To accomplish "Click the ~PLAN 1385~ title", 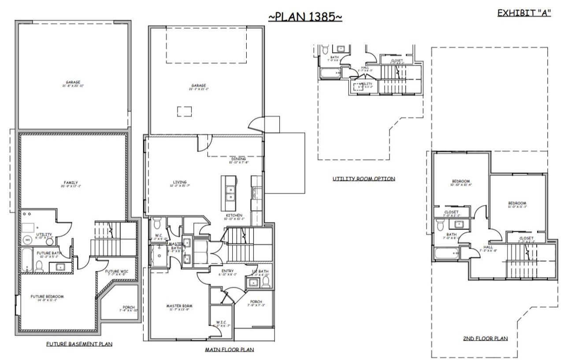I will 305,17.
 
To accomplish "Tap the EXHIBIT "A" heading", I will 524,13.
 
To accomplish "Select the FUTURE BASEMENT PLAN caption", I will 79,343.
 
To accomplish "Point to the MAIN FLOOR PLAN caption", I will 229,349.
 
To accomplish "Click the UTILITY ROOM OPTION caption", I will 364,179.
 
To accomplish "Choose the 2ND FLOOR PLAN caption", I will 485,338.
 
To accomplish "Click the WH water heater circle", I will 27,240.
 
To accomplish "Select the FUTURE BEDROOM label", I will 47,297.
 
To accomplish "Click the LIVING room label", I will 179,182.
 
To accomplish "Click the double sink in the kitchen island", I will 229,194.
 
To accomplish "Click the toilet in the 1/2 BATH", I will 266,283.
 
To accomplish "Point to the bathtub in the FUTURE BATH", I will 26,261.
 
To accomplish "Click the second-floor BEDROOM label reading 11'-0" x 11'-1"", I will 517,204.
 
